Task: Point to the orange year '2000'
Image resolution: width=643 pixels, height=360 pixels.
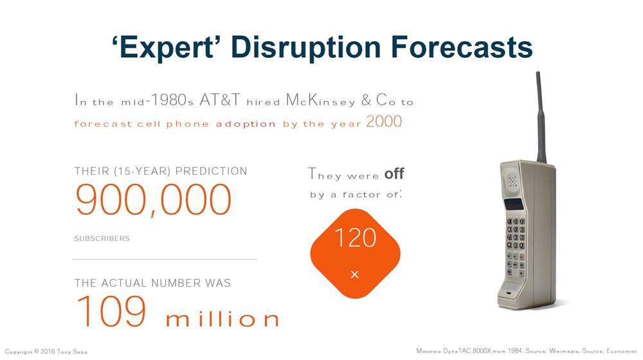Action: point(384,122)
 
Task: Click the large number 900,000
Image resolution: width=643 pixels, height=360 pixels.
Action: point(153,200)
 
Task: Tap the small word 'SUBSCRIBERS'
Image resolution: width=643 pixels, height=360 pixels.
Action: point(102,239)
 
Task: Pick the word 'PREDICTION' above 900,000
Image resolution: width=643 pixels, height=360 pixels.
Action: point(212,172)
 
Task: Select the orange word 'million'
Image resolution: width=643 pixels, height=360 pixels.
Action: point(222,319)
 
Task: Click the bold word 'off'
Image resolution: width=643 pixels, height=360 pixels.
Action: point(394,174)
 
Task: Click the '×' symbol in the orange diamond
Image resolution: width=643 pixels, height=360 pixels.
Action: point(354,274)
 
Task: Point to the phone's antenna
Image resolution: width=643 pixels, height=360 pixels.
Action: point(541,116)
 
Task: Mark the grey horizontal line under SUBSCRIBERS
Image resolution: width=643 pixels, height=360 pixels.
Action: point(165,259)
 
